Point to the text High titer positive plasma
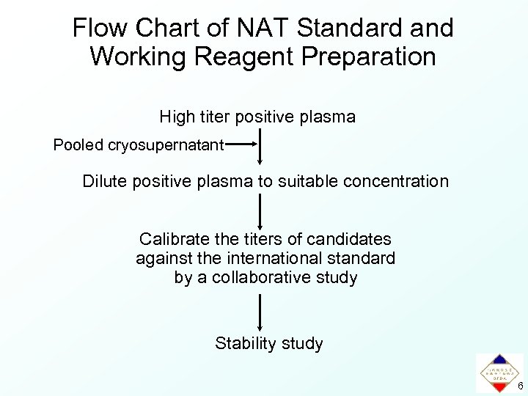tap(257, 117)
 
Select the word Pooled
tap(78, 145)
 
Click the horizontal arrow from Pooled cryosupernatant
tap(242, 145)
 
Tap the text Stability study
tap(268, 343)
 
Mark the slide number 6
tap(520, 386)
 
